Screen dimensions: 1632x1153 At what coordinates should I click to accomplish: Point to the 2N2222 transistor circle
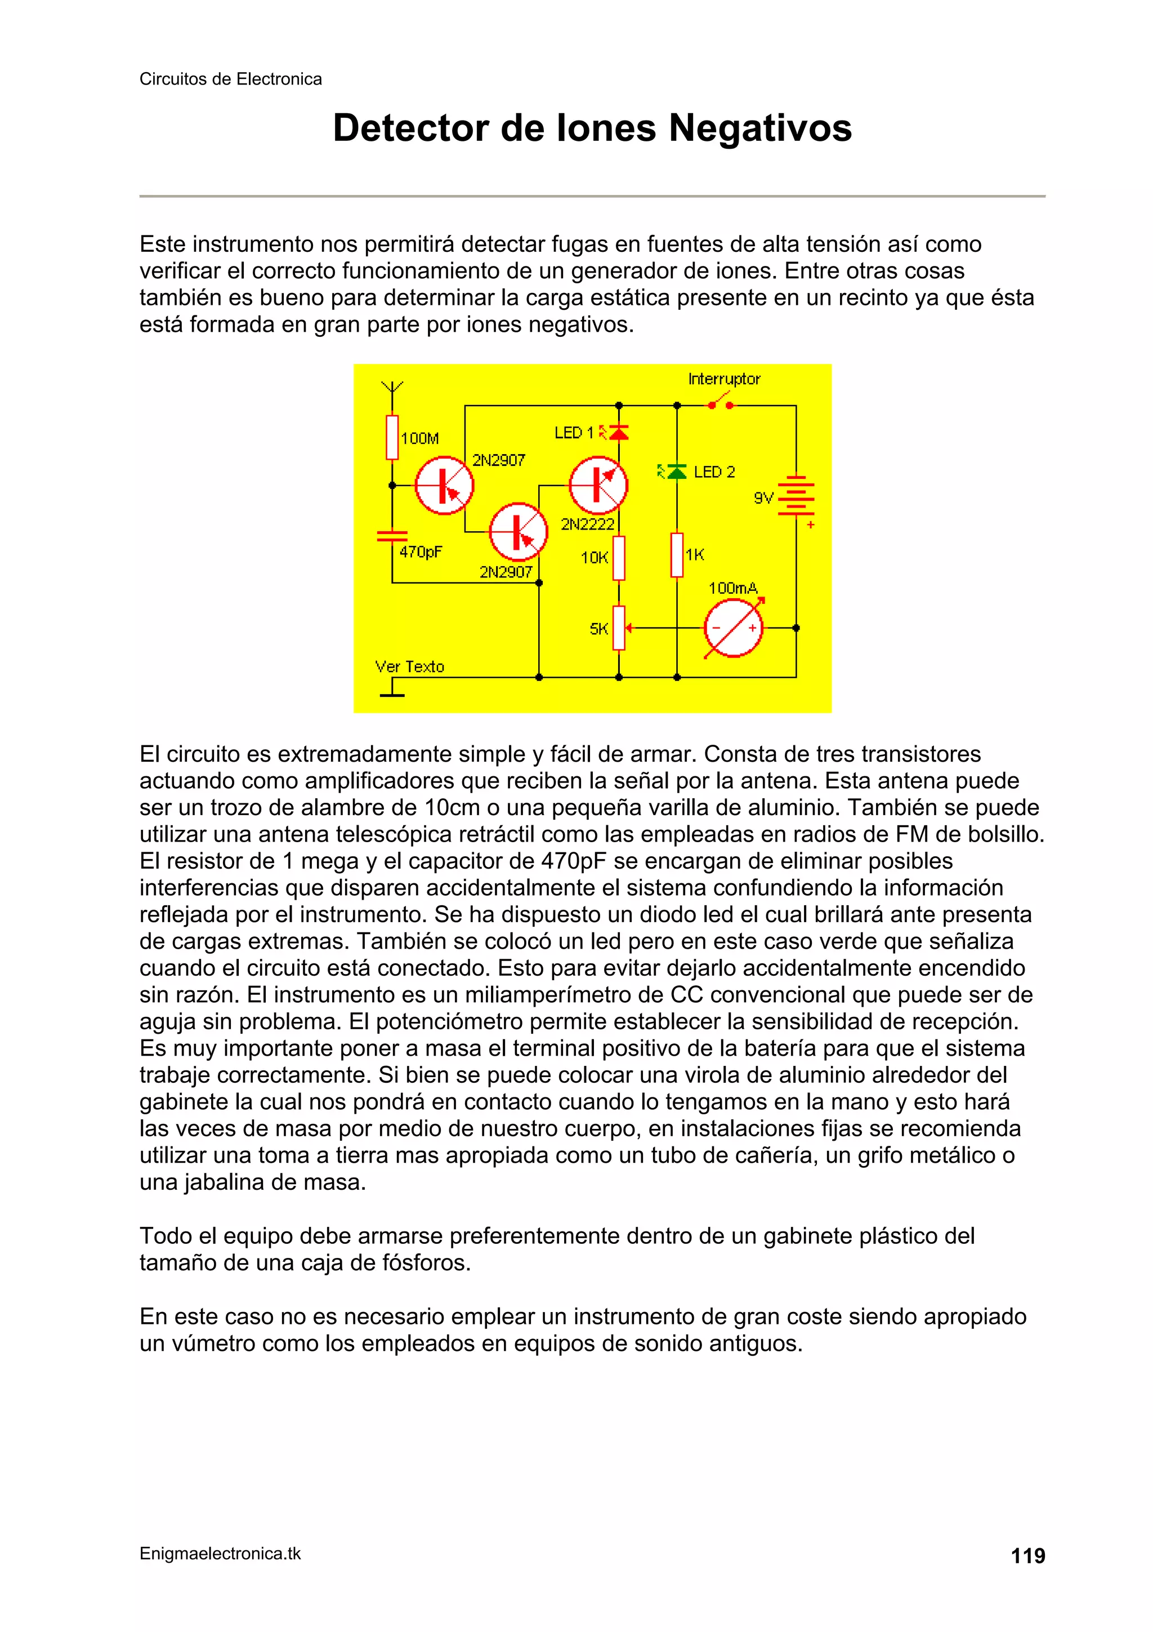(598, 486)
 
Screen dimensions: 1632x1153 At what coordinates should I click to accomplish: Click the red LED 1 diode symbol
(619, 432)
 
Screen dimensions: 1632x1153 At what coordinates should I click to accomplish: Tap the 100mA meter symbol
(733, 628)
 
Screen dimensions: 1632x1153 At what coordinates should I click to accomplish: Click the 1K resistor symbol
(677, 554)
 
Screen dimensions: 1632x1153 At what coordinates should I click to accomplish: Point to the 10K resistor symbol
(619, 558)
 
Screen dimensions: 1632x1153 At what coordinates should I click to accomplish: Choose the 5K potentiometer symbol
(619, 628)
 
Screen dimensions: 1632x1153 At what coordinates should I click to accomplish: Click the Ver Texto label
(409, 667)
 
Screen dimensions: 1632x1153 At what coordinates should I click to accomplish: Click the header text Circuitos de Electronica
(230, 79)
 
